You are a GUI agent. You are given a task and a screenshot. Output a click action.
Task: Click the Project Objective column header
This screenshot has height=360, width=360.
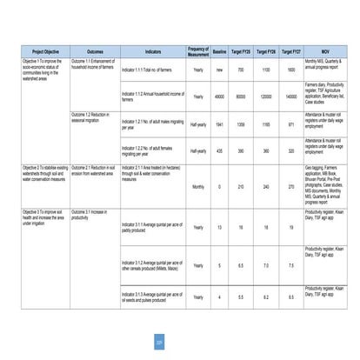tap(40, 50)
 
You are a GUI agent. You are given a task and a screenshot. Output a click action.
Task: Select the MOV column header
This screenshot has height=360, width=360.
tap(323, 50)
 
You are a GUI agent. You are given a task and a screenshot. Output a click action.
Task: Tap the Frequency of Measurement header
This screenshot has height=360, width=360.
tap(198, 50)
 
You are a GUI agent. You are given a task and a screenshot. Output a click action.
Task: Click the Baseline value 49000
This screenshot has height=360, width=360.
tap(220, 97)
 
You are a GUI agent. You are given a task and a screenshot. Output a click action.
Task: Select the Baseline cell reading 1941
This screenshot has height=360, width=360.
tap(220, 124)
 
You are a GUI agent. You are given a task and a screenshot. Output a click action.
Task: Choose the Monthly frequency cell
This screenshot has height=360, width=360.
tap(198, 187)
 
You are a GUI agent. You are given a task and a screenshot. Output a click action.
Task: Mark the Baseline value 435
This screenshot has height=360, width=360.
tap(220, 150)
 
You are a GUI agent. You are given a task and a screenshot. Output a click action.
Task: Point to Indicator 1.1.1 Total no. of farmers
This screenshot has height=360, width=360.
tap(150, 69)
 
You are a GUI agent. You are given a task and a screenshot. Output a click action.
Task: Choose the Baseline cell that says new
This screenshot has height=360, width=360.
tap(220, 69)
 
